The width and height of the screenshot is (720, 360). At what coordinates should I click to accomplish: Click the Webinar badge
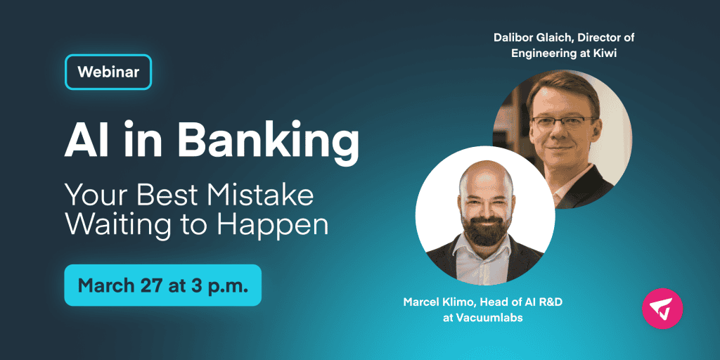click(108, 72)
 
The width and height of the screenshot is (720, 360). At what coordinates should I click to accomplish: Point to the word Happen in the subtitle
click(273, 226)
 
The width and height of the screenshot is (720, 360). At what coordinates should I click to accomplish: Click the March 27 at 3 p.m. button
click(163, 285)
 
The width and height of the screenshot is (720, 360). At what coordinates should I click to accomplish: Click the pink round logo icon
click(662, 309)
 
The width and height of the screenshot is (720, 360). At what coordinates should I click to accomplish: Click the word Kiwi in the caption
click(605, 53)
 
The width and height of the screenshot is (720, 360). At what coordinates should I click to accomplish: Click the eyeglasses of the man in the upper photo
click(564, 122)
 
